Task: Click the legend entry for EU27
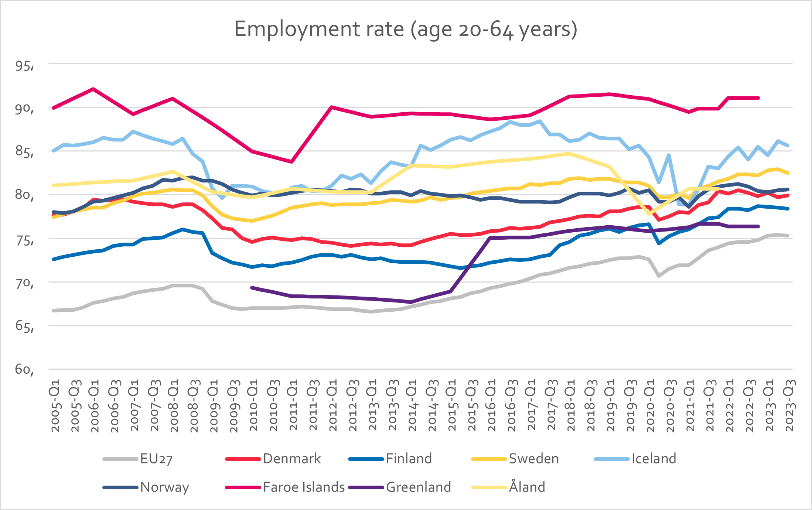click(x=138, y=459)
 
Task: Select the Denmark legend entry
click(x=273, y=459)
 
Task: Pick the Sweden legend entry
click(x=515, y=459)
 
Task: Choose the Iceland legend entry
click(x=635, y=459)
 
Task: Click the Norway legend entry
click(x=146, y=487)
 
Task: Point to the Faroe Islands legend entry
click(x=285, y=487)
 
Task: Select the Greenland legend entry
click(x=400, y=487)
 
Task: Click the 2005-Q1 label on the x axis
click(x=55, y=405)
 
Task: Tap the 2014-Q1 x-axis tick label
click(x=412, y=405)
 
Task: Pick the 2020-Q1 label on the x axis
click(x=651, y=405)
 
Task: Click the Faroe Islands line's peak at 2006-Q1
click(x=93, y=89)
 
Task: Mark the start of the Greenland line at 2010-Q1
click(x=252, y=287)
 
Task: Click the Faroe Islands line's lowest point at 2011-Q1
click(x=291, y=162)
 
